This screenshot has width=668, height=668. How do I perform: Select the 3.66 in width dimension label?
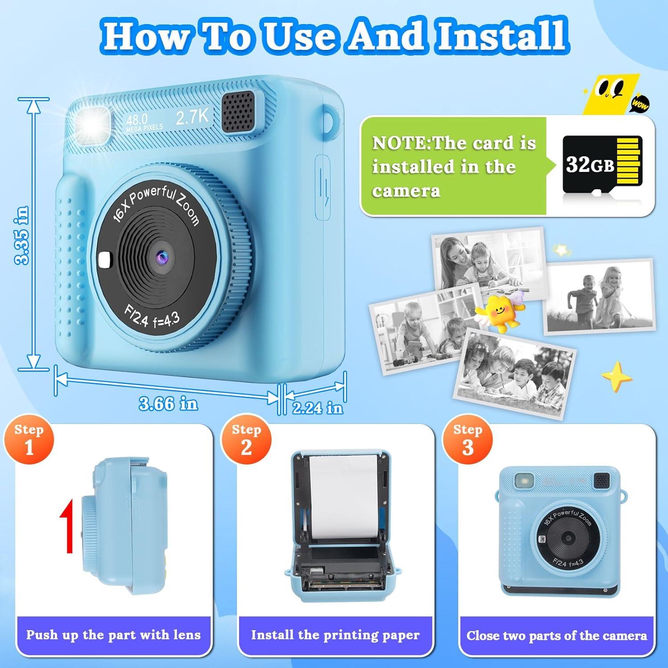coord(168,403)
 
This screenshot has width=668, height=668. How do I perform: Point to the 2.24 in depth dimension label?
coord(318,407)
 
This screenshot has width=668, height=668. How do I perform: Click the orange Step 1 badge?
coord(29,440)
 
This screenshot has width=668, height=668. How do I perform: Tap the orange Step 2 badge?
coord(246,440)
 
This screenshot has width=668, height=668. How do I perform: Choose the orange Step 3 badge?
coord(467,440)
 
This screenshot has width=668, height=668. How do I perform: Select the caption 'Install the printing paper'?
coord(335,635)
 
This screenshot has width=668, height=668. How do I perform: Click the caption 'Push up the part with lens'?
coord(113,635)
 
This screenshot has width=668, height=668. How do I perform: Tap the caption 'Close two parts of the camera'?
coord(556,635)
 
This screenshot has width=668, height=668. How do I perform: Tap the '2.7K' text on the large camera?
coord(192,117)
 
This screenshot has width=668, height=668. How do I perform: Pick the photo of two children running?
coord(599,296)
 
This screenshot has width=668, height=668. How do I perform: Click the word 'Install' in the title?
coord(501,36)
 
